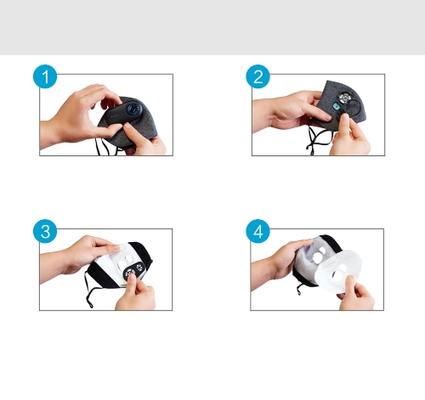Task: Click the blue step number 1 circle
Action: [45, 76]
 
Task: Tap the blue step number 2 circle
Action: [258, 76]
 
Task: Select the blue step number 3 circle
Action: [45, 231]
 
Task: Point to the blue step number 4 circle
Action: [258, 231]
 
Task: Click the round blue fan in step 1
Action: [133, 109]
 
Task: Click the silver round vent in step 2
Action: [345, 98]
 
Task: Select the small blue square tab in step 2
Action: [337, 107]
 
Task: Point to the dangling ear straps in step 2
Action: [319, 138]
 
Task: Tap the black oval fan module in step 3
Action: [133, 271]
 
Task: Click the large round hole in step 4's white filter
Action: [338, 275]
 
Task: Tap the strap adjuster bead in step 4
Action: [299, 292]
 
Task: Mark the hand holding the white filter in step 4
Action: [356, 295]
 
